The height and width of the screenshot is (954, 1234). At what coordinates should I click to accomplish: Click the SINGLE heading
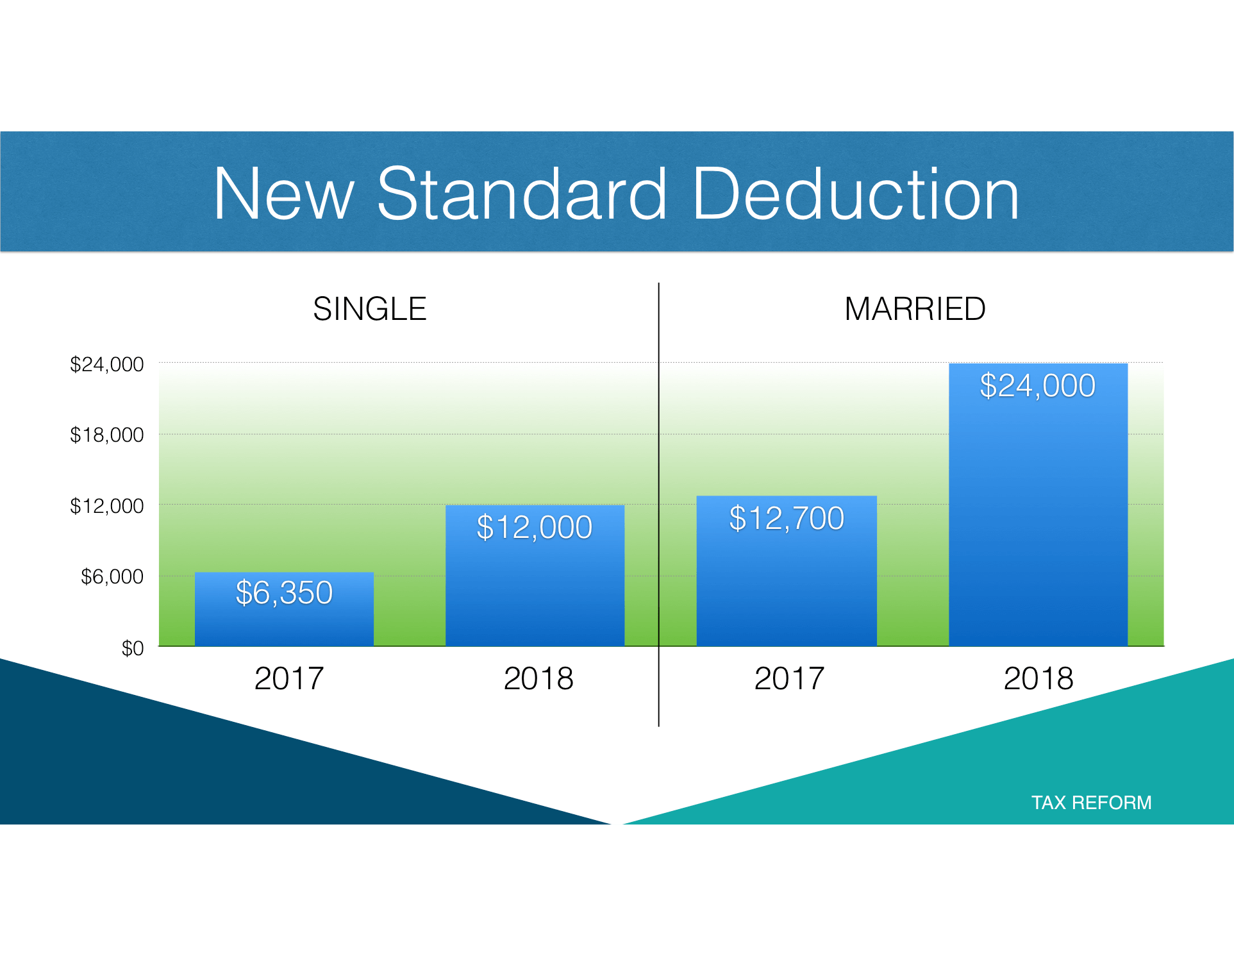(369, 309)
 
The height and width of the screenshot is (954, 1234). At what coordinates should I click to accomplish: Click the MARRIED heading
(915, 309)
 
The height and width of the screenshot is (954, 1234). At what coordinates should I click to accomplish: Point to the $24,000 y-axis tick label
(106, 365)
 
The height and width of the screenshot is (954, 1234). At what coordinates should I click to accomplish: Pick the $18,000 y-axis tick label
(106, 435)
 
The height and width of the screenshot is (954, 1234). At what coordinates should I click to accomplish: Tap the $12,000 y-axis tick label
(106, 506)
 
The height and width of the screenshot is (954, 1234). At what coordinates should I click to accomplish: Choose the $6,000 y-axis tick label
(112, 577)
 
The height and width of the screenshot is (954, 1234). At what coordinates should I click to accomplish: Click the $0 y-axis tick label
(132, 649)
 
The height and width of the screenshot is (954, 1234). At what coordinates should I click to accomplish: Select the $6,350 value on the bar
(284, 592)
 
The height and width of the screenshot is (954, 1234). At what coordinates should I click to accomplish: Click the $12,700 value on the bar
(787, 518)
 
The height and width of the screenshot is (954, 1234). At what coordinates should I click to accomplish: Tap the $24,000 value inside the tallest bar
(1037, 386)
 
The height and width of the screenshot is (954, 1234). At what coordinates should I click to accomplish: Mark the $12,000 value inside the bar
(534, 527)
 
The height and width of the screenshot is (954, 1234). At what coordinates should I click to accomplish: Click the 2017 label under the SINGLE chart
(288, 678)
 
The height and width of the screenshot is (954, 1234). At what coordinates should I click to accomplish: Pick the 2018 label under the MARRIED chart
(1038, 678)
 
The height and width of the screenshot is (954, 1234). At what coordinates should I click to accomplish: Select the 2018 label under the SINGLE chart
(538, 678)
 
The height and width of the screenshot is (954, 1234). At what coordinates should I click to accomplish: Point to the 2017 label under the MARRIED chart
(788, 678)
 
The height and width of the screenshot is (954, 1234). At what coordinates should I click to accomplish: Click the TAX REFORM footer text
(1091, 803)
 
